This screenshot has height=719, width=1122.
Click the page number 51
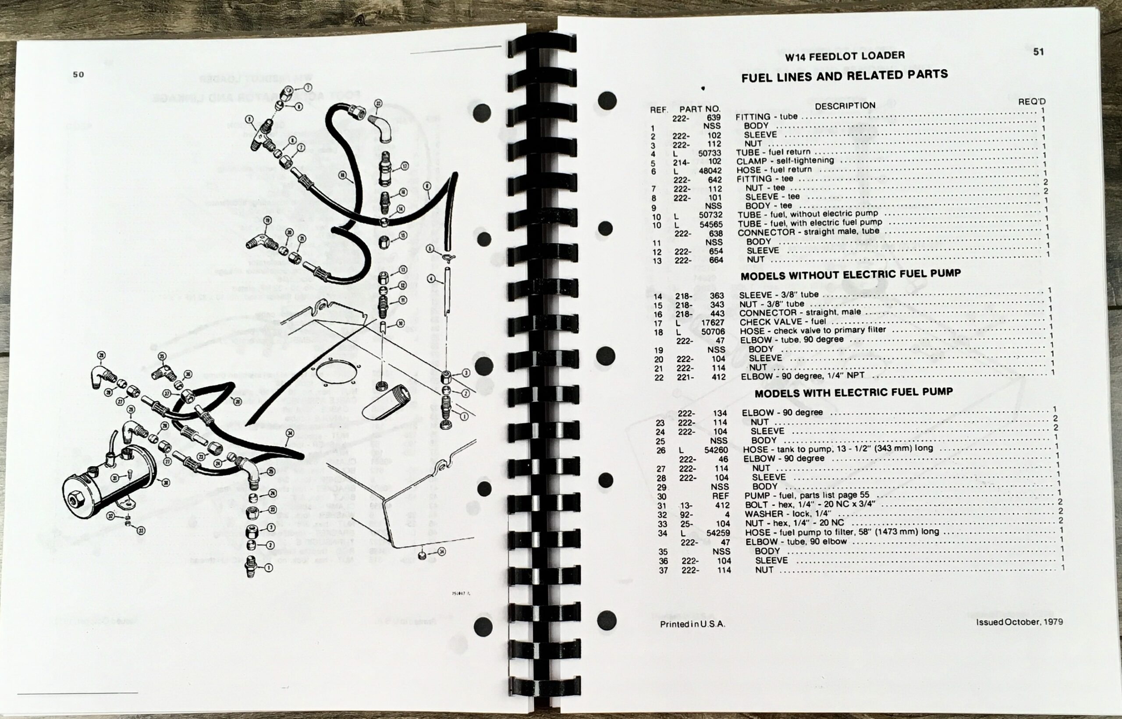coord(1038,52)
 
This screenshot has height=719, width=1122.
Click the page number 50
coord(78,74)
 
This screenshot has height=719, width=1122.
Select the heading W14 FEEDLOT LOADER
coord(844,56)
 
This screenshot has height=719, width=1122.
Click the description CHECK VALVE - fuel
coord(783,322)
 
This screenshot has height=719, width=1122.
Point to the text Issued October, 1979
coord(1019,622)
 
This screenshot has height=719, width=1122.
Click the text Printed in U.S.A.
coord(692,624)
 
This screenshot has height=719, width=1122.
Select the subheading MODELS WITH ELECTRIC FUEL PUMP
coord(853,393)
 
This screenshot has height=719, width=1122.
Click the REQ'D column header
coord(1032,101)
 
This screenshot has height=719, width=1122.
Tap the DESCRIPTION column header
coord(845,106)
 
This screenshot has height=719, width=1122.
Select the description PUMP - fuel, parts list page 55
coord(806,496)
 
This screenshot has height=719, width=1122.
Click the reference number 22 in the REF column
coord(658,377)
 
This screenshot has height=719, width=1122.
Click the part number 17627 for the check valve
coord(713,322)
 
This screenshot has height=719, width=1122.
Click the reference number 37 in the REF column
coord(663,570)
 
